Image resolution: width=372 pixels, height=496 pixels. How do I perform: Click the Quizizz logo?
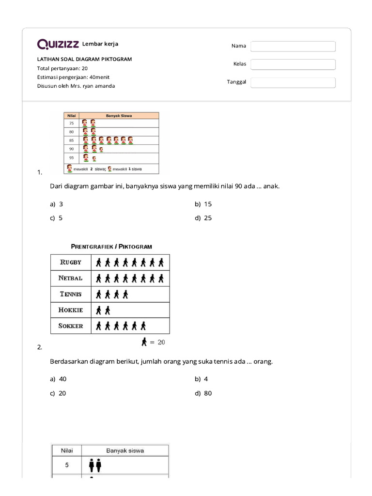(58, 45)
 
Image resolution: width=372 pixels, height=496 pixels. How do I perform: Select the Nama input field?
(293, 46)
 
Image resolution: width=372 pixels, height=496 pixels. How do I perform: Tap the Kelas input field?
(293, 64)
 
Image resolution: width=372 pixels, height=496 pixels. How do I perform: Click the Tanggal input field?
(293, 82)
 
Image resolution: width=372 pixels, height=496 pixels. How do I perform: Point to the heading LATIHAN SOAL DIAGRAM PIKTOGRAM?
(84, 59)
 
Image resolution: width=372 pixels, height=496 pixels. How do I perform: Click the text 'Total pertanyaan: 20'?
(62, 68)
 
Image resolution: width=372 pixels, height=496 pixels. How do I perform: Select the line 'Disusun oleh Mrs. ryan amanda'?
(76, 86)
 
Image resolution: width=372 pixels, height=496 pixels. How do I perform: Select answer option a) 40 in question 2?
(58, 379)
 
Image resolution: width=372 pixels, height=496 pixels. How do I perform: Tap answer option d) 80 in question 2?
(203, 393)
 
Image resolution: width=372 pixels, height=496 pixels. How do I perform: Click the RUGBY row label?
(71, 263)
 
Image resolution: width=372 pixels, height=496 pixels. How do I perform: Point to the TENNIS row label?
(71, 294)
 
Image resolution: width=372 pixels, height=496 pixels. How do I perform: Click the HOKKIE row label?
(71, 310)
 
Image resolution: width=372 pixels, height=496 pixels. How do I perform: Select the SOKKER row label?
(71, 326)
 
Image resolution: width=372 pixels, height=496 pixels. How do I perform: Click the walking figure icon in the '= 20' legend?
(144, 342)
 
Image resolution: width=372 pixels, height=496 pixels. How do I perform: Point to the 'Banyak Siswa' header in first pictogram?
(119, 116)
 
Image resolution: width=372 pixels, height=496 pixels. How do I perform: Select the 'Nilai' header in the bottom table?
(66, 450)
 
